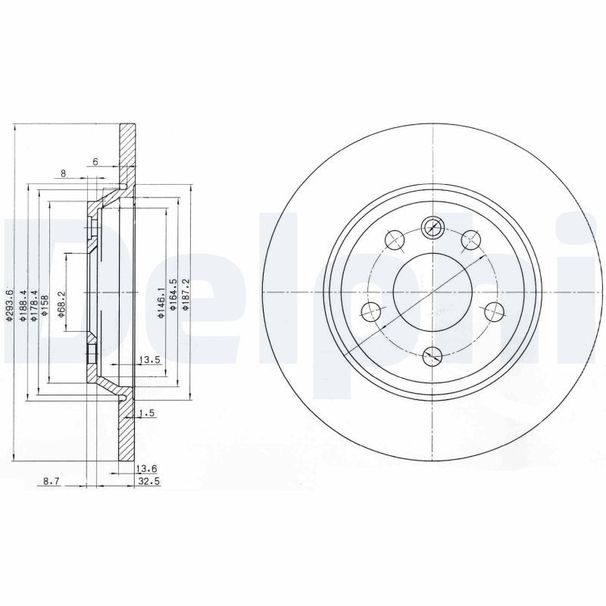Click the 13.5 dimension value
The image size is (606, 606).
148,360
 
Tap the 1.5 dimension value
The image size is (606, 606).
148,413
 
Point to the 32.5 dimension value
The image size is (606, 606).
146,481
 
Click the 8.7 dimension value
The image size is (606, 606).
52,481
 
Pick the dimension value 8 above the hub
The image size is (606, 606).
63,173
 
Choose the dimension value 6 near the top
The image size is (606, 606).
95,162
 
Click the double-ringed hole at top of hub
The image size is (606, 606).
432,225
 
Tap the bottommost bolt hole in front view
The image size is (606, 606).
432,354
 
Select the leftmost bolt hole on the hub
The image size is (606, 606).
370,310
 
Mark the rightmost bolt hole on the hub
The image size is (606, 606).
494,310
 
